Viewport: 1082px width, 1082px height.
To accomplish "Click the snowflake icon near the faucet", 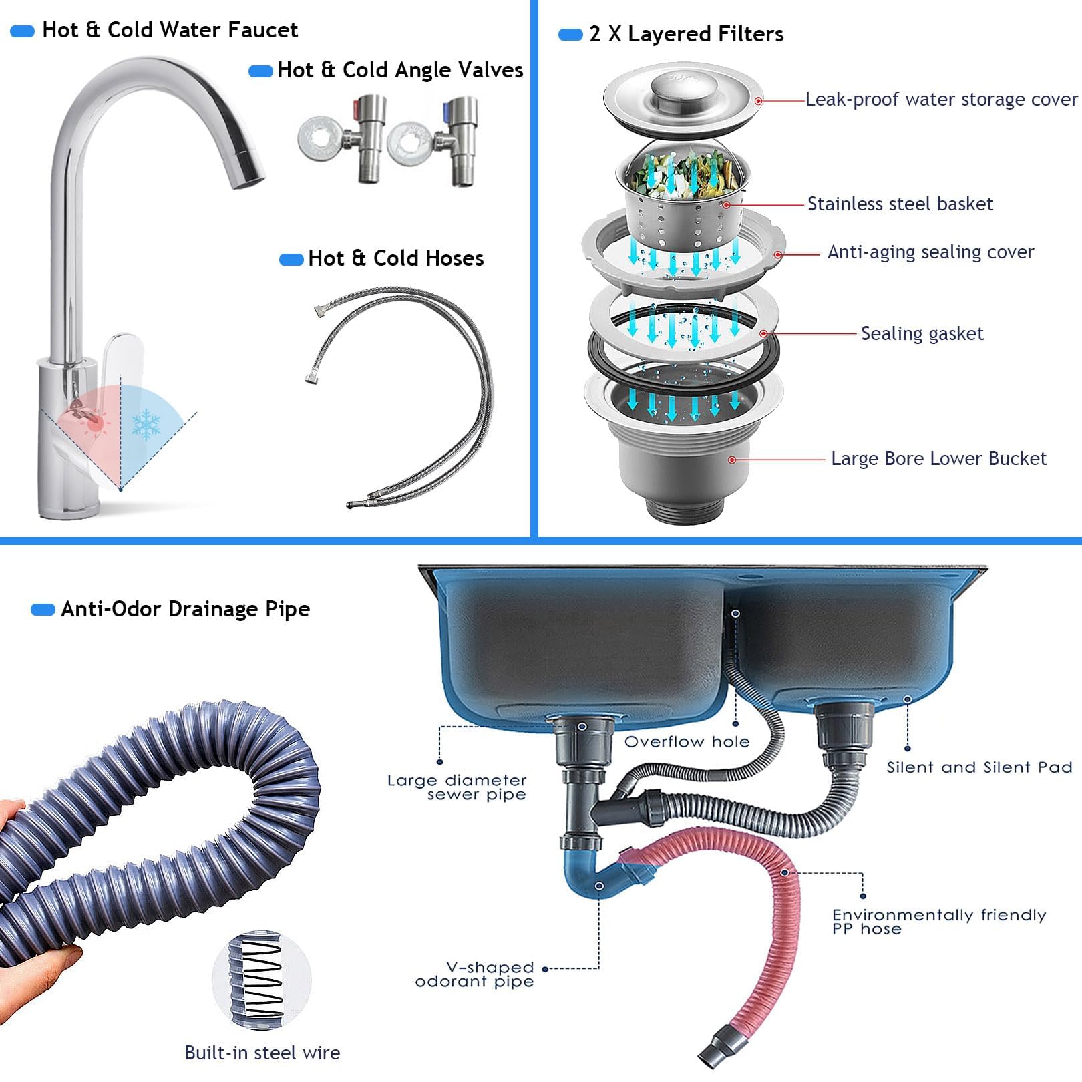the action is [146, 425].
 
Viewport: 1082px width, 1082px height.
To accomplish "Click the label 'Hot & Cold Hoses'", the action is [395, 258].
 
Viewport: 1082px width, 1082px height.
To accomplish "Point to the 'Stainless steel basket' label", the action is [900, 204].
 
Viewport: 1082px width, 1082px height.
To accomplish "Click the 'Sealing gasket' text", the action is [922, 333].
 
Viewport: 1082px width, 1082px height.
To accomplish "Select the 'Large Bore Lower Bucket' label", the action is [938, 458].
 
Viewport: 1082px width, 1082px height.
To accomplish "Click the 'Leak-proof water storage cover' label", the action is [941, 100].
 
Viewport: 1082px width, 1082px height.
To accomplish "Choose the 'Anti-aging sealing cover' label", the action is [930, 252].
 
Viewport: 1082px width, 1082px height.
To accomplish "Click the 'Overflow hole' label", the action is [687, 741].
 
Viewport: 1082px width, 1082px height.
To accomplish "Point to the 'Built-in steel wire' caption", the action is [262, 1053].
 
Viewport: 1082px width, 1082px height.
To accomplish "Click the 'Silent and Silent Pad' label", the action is [979, 767].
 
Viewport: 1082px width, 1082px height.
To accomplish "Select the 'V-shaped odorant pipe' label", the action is [475, 974].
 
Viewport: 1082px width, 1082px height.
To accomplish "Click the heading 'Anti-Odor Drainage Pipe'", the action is [185, 609].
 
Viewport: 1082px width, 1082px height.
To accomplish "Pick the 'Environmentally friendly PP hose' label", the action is [939, 922].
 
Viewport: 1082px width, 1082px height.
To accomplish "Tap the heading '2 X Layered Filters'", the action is [687, 34].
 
